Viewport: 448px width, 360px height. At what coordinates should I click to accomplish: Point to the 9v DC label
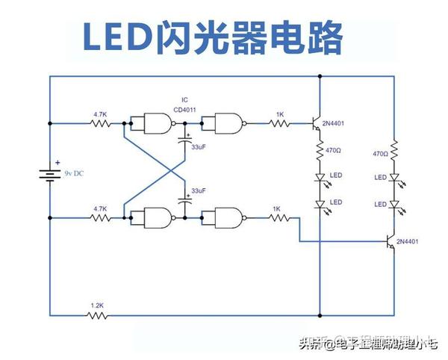[x=75, y=173]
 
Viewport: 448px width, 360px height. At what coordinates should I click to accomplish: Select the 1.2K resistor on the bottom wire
[x=97, y=314]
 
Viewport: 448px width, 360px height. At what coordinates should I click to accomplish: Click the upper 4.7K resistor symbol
[x=99, y=122]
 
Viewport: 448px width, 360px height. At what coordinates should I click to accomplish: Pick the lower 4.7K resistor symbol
[x=99, y=218]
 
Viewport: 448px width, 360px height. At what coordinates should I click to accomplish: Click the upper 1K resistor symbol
[x=279, y=122]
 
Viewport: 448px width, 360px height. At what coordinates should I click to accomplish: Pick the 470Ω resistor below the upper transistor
[x=319, y=152]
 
